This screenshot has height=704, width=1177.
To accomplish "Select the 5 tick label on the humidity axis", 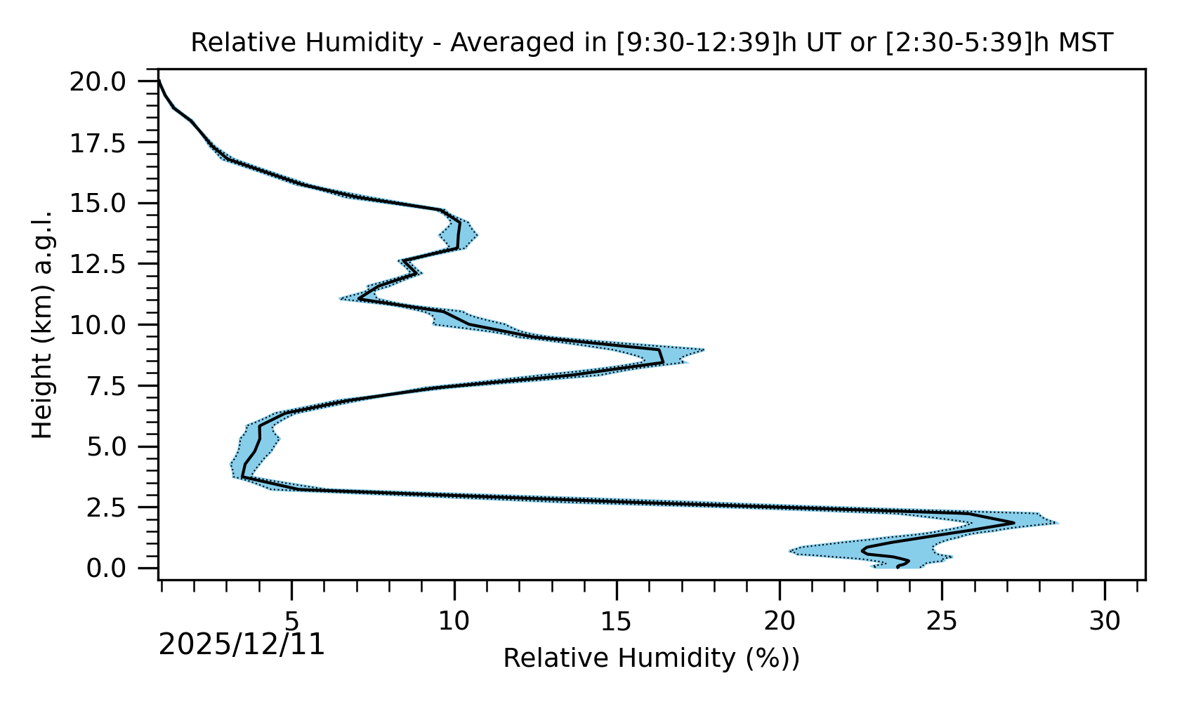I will coord(291,621).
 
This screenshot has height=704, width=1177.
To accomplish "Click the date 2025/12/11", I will coord(242,644).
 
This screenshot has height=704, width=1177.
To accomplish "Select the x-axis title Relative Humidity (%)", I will coord(651,658).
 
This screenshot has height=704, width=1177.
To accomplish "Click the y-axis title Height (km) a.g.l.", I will coord(43,324).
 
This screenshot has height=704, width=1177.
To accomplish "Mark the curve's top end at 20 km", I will coord(159,81).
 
